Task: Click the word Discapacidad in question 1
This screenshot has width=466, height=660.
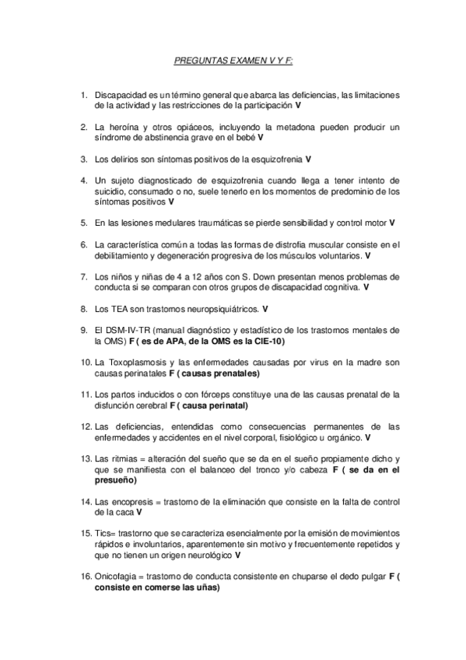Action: pyautogui.click(x=120, y=95)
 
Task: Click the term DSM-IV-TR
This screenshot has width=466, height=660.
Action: pyautogui.click(x=127, y=330)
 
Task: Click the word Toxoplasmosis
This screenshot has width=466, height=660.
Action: pyautogui.click(x=135, y=363)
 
